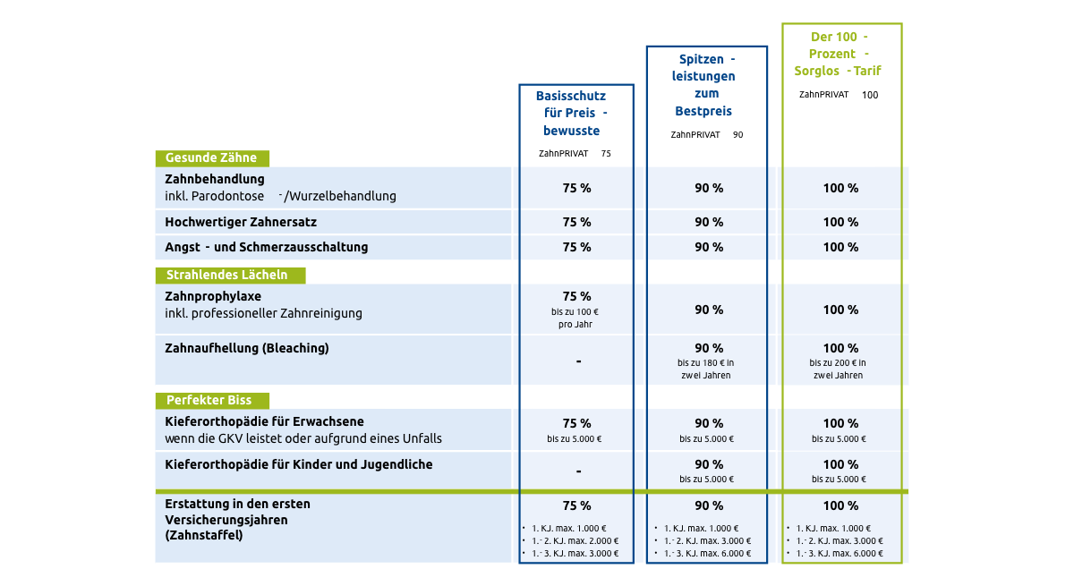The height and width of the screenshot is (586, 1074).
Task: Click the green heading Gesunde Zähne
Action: pyautogui.click(x=211, y=157)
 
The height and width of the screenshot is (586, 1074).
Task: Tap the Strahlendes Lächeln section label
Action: pyautogui.click(x=226, y=275)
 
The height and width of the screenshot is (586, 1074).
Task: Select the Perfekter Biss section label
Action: pyautogui.click(x=209, y=400)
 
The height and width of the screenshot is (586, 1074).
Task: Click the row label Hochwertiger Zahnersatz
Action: pyautogui.click(x=241, y=222)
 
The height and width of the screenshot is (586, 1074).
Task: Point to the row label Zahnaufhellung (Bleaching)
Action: pyautogui.click(x=247, y=348)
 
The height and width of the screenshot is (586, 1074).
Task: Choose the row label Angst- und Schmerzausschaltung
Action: pyautogui.click(x=267, y=247)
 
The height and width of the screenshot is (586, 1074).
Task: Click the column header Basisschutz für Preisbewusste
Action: pyautogui.click(x=571, y=113)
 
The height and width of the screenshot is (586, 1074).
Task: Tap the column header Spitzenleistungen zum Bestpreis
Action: pyautogui.click(x=703, y=85)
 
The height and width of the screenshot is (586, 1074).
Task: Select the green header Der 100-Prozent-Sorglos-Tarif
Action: pyautogui.click(x=838, y=54)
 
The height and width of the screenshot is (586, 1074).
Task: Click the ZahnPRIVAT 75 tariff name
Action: pyautogui.click(x=575, y=154)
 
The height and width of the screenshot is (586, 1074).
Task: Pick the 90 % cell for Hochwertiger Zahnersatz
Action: pyautogui.click(x=709, y=223)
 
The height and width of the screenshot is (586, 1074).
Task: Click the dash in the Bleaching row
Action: pyautogui.click(x=579, y=361)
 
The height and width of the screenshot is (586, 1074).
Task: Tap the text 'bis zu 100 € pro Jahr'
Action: pyautogui.click(x=575, y=318)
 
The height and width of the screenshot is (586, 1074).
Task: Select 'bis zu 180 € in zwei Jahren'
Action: pyautogui.click(x=706, y=369)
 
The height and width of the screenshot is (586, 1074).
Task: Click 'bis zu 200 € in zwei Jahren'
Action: pyautogui.click(x=838, y=369)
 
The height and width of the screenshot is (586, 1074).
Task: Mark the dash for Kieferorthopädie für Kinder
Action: pyautogui.click(x=579, y=471)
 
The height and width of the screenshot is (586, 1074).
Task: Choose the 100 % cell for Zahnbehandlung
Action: pyautogui.click(x=841, y=188)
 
